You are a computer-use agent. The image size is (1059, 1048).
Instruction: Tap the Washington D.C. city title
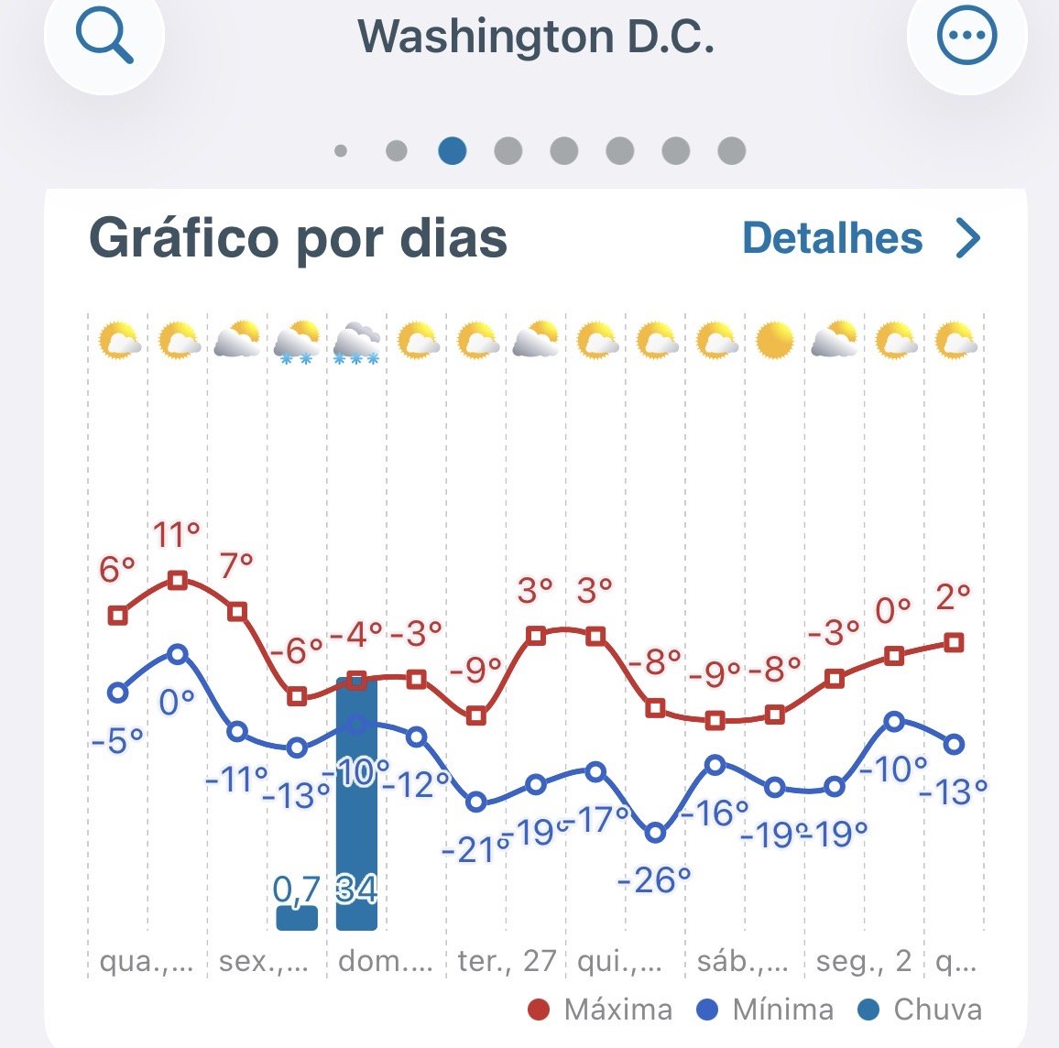point(535,37)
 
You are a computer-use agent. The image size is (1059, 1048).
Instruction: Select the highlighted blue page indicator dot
point(452,150)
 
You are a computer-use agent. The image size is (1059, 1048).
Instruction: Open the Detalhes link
point(860,238)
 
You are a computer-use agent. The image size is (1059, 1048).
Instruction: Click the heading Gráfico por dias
point(298,238)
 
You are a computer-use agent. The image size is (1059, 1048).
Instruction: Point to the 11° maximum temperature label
point(176,534)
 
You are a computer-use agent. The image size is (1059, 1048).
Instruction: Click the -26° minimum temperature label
point(654,880)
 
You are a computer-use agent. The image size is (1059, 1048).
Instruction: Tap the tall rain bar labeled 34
point(356,806)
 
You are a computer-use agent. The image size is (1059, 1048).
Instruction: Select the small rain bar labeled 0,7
point(297,917)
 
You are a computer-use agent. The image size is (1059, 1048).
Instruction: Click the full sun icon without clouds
point(774,341)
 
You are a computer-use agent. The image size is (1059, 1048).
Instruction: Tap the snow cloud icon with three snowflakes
point(356,344)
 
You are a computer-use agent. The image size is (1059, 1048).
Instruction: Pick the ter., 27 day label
point(507,961)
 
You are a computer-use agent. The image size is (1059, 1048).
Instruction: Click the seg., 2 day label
point(864,961)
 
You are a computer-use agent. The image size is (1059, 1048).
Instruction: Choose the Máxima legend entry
point(601,1010)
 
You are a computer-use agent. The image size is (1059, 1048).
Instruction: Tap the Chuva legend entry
point(921,1010)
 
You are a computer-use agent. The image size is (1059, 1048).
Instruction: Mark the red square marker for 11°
point(178,580)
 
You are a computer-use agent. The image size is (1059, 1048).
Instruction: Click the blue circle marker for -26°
point(655,834)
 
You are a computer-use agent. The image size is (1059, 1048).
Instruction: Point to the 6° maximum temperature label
point(116,570)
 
